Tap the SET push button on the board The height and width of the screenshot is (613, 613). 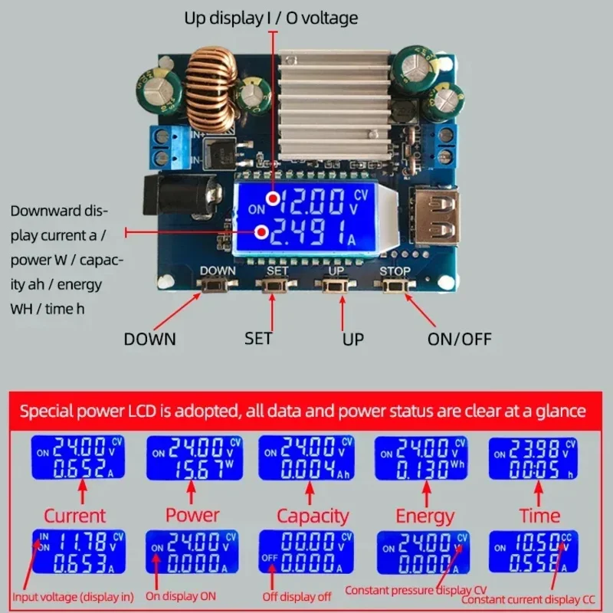coord(277,286)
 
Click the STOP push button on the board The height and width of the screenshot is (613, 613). coord(395,286)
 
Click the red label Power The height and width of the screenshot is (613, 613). coord(192,515)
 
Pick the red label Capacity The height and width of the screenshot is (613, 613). coord(313,516)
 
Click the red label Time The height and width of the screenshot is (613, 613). coord(539,516)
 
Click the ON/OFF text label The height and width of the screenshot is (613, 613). coord(459,339)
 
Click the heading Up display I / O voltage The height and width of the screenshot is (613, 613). coord(270,17)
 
